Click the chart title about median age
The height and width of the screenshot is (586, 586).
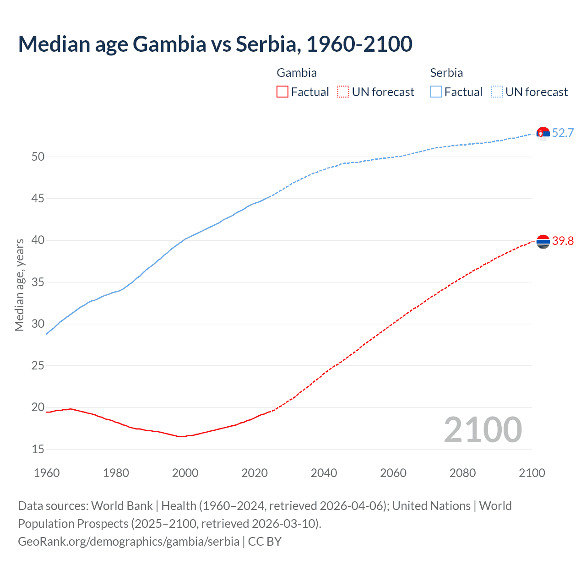pyautogui.click(x=215, y=44)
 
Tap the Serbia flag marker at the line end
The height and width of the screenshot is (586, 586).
pyautogui.click(x=543, y=133)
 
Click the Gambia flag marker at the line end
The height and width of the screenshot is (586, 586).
pyautogui.click(x=543, y=241)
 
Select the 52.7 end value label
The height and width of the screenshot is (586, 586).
pyautogui.click(x=563, y=133)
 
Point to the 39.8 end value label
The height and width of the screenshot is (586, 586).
pyautogui.click(x=563, y=241)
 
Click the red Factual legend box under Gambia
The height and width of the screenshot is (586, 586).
pyautogui.click(x=282, y=92)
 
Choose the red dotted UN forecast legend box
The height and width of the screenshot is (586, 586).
pyautogui.click(x=343, y=92)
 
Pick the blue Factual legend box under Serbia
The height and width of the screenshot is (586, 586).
pyautogui.click(x=436, y=92)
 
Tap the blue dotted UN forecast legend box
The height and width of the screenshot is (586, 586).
pyautogui.click(x=497, y=92)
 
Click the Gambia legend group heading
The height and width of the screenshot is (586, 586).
pyautogui.click(x=297, y=73)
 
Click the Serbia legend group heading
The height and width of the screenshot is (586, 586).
pyautogui.click(x=446, y=73)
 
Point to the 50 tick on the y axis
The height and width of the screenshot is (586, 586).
pyautogui.click(x=38, y=157)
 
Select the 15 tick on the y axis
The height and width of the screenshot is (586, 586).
pyautogui.click(x=38, y=450)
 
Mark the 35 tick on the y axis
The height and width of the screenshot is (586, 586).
pyautogui.click(x=38, y=282)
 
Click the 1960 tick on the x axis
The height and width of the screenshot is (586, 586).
pyautogui.click(x=47, y=473)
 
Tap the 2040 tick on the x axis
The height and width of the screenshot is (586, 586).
pyautogui.click(x=324, y=473)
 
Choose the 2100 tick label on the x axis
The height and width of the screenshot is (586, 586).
pyautogui.click(x=532, y=473)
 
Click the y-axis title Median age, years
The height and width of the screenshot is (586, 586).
pyautogui.click(x=19, y=285)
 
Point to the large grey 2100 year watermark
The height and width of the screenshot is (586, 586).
pyautogui.click(x=483, y=430)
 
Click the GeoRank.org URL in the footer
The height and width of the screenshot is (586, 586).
pyautogui.click(x=129, y=542)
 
